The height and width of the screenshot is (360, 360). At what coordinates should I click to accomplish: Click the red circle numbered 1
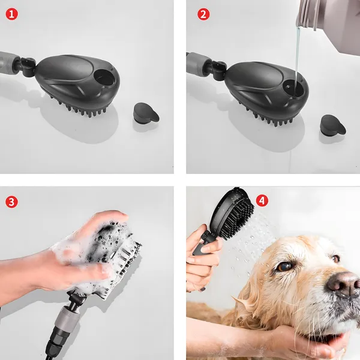pos(11,14)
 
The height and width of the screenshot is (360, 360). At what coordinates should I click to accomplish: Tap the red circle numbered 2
pos(203,14)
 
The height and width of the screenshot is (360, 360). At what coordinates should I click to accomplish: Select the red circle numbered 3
pos(11,202)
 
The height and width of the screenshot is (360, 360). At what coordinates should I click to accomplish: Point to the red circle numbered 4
pos(262,201)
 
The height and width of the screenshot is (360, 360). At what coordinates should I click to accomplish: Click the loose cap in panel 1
pos(146,113)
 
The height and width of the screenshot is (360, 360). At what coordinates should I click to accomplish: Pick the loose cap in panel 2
pos(333,125)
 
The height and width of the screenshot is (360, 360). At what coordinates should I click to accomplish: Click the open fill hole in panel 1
pos(104,77)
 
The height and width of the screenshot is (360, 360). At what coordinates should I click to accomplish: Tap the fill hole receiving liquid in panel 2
pos(293,88)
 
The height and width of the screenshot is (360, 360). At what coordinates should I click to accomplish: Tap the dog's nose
pos(343,284)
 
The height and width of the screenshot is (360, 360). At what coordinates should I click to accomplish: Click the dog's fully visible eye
pos(284,266)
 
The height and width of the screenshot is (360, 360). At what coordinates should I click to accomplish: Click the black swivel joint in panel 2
pos(219,70)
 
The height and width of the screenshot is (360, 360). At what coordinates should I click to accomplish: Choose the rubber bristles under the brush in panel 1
pos(80,108)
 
